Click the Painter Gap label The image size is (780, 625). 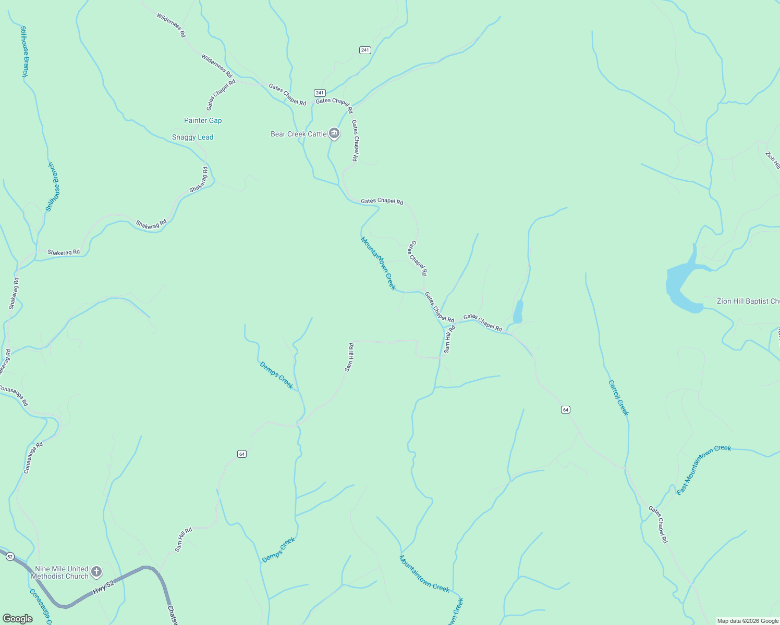click(x=203, y=120)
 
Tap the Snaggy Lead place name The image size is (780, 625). click(x=192, y=137)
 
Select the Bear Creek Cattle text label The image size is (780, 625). click(x=298, y=134)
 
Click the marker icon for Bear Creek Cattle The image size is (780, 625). click(x=334, y=134)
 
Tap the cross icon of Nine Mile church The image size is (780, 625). click(x=96, y=572)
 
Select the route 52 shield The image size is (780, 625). click(x=10, y=557)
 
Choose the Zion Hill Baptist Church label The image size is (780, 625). click(x=748, y=301)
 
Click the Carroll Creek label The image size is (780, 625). click(x=618, y=397)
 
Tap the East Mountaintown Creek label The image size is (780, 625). click(x=704, y=470)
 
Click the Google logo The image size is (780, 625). click(x=17, y=619)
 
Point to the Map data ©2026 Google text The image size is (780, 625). click(x=748, y=621)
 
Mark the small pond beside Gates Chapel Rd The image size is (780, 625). click(x=518, y=312)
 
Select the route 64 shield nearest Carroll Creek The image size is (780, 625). click(x=566, y=410)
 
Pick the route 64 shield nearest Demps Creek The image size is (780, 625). click(x=241, y=454)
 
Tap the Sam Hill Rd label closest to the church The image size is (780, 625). click(x=184, y=540)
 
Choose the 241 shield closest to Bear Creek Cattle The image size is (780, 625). click(x=320, y=93)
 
